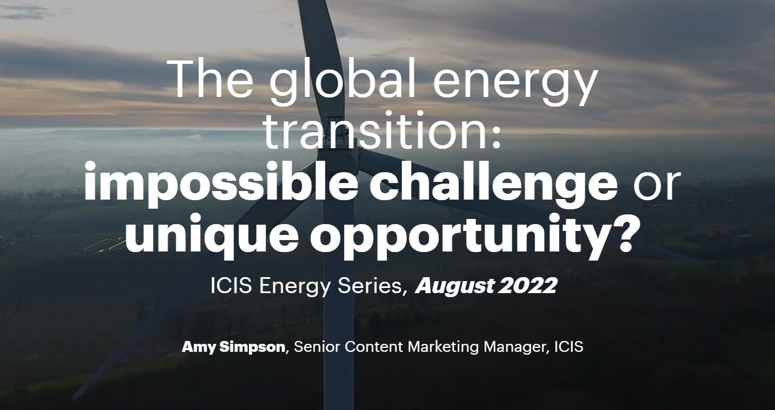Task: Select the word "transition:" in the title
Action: (x=382, y=131)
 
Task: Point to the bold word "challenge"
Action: (x=494, y=184)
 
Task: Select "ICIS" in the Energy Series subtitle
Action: (x=231, y=286)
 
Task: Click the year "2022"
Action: (x=528, y=286)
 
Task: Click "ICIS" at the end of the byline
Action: (x=569, y=347)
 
